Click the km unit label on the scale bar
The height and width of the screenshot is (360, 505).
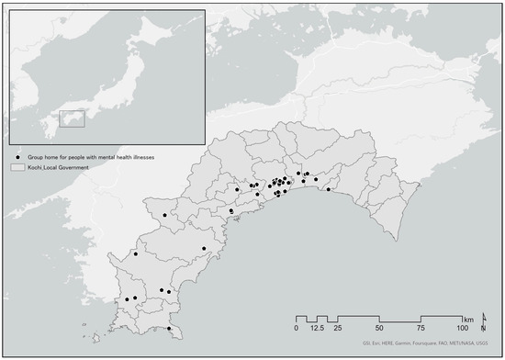469,317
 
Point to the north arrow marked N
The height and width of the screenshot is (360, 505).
483,323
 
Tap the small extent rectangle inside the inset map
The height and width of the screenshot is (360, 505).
72,119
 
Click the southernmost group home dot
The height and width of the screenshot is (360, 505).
169,329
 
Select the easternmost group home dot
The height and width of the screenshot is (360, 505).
328,190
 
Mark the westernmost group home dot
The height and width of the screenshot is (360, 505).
127,299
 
